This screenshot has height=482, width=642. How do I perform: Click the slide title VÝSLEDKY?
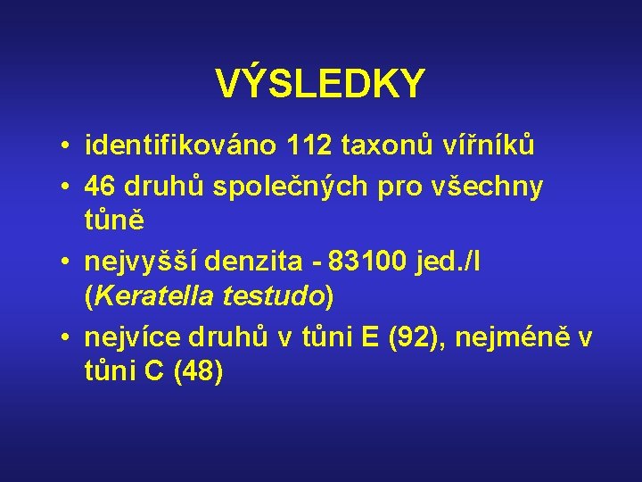click(321, 85)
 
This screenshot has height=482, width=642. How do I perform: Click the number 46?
click(101, 187)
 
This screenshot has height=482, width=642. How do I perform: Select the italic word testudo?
click(280, 296)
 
